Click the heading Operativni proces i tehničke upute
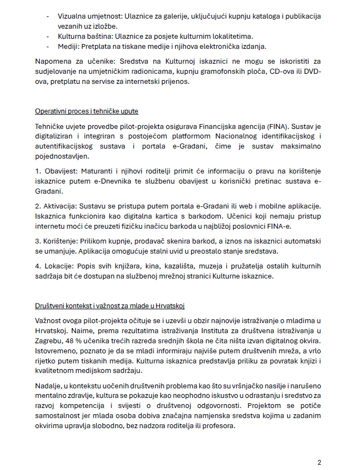tap(87, 111)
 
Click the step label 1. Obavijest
tap(54, 172)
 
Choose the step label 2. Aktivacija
tap(55, 207)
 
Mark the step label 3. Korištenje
tap(56, 242)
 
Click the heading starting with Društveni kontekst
tap(109, 307)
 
